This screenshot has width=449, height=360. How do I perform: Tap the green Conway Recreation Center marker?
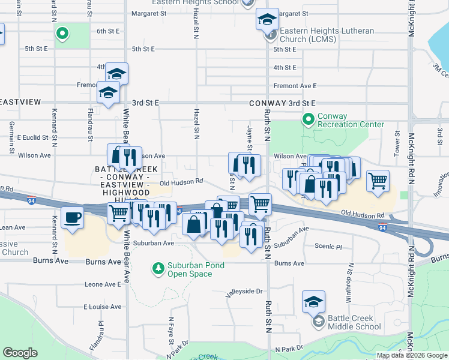coord(309,120)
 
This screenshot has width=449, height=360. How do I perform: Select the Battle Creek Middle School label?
coord(354,322)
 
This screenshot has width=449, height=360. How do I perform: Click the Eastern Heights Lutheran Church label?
coord(327,35)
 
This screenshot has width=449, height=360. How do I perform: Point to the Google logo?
coord(20,353)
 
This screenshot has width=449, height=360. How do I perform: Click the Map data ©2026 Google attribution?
coord(412,355)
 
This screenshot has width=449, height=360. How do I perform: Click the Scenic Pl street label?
coord(330,247)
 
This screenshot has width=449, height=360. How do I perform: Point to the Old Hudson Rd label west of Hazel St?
coord(181,181)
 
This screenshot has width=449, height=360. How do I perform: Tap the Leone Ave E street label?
coord(103,284)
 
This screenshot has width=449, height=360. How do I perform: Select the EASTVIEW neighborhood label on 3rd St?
coord(20,103)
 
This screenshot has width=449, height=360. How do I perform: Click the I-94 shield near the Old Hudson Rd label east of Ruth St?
coord(382,227)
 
